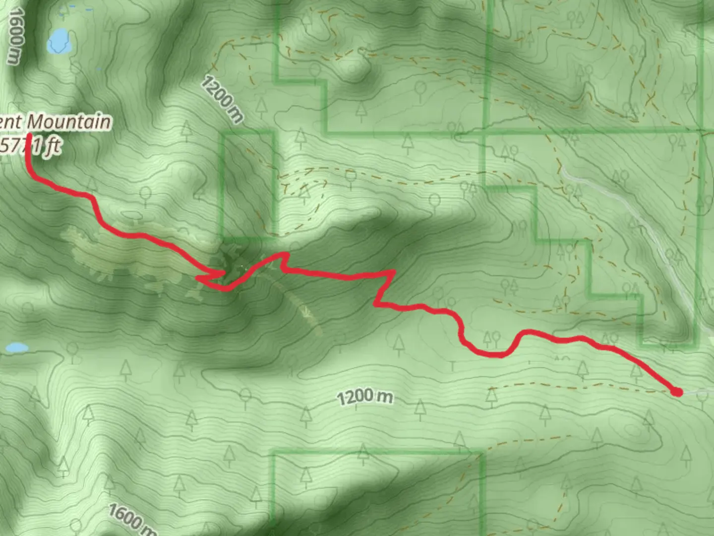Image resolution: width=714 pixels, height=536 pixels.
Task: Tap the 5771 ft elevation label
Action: coord(31,146)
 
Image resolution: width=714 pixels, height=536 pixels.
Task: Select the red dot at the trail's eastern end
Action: coord(676,392)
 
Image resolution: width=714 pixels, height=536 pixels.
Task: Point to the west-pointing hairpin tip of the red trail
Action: coord(199,278)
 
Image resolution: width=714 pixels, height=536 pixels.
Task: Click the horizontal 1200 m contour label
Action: coord(365,397)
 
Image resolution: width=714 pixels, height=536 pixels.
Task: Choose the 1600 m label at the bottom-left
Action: coord(131,519)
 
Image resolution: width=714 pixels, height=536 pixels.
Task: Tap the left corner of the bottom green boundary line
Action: coord(273,453)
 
